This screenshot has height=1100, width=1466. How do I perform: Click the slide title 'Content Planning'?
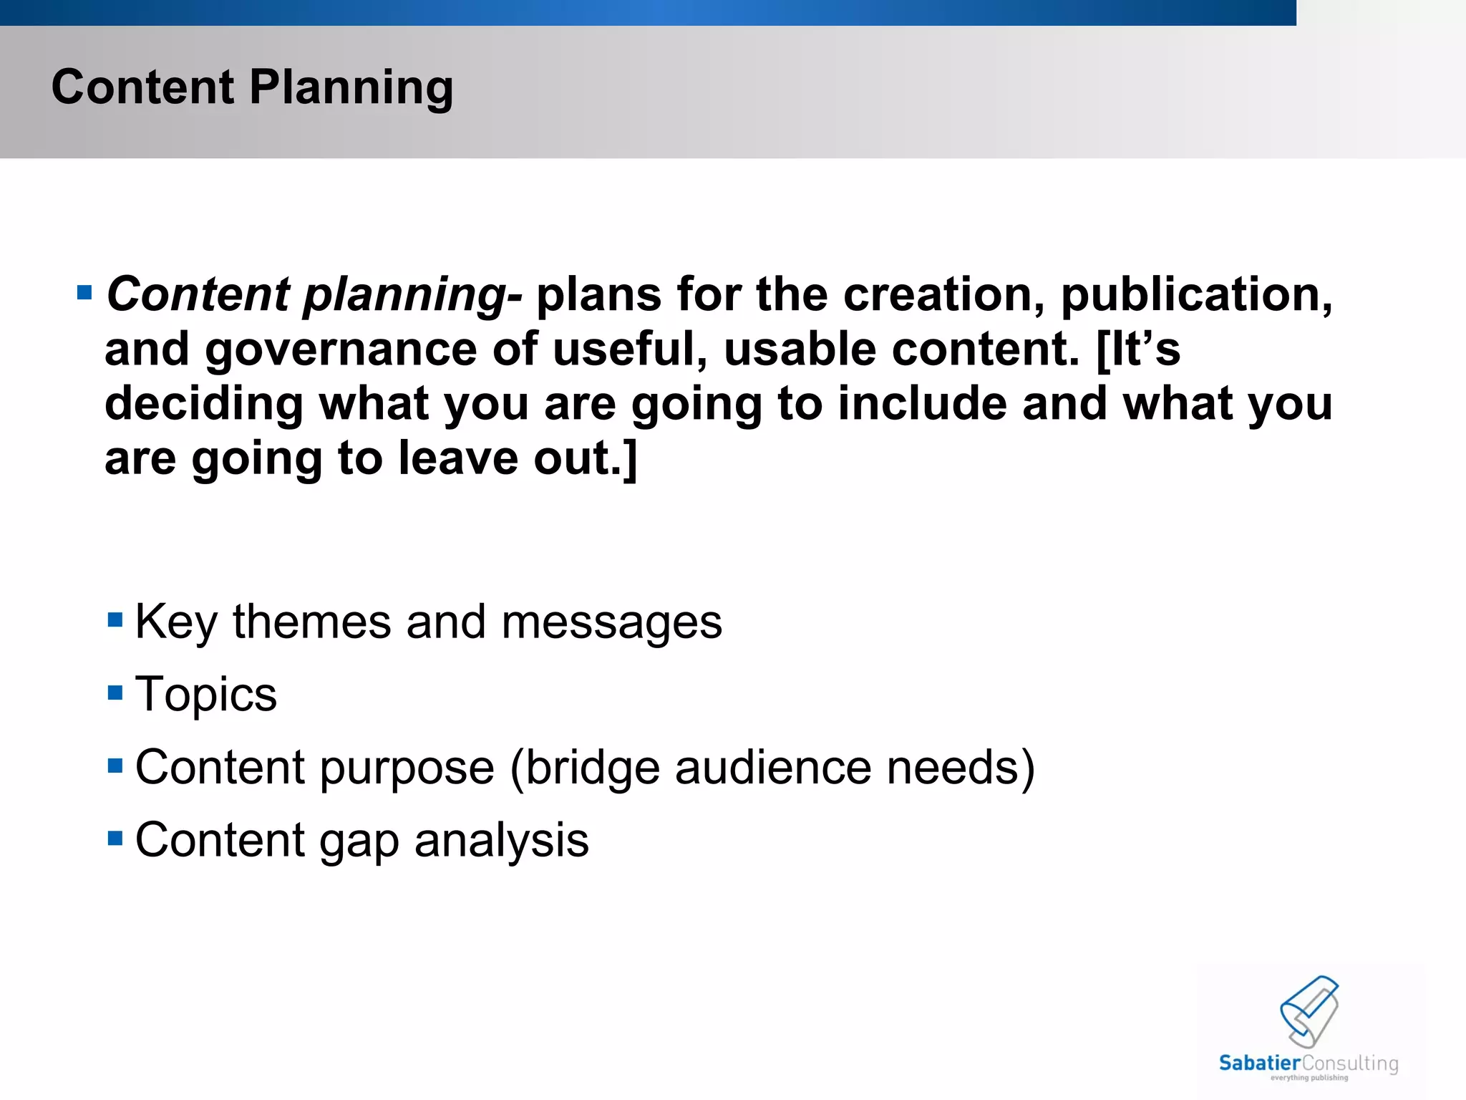252,87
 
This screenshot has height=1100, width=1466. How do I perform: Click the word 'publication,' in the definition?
1196,295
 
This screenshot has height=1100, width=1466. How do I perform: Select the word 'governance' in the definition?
341,349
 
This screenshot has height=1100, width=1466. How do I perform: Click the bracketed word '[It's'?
1138,349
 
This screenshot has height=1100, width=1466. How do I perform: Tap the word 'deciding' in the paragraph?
204,405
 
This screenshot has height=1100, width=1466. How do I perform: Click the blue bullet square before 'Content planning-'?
84,292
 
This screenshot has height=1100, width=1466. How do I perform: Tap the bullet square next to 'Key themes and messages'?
115,619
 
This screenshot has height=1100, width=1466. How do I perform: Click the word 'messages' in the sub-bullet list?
611,622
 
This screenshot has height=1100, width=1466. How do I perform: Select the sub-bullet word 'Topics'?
205,695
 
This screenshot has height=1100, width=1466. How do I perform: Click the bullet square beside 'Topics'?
115,693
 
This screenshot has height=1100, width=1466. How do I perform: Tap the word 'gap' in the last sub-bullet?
359,841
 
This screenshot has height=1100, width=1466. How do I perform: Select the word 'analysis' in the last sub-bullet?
501,841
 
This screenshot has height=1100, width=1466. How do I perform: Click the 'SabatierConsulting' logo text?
1308,1063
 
